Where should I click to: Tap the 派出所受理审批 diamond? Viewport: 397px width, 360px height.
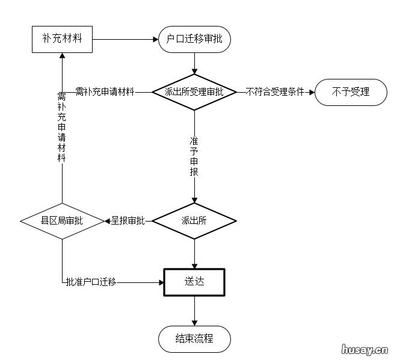(194, 92)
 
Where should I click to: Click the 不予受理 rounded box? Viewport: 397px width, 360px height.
(350, 92)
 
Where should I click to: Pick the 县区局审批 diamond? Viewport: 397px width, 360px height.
(62, 221)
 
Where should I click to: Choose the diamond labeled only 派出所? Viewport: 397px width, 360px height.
(194, 221)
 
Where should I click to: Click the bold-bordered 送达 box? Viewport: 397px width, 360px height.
(194, 282)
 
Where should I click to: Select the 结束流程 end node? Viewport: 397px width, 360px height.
(194, 338)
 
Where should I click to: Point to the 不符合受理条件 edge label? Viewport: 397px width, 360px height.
(274, 92)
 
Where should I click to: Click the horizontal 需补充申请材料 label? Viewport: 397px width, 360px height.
(104, 92)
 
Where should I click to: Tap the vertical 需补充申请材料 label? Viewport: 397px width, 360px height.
(61, 127)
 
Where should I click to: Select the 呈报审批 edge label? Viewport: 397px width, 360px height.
(128, 221)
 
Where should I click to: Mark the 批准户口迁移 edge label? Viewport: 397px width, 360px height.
(91, 282)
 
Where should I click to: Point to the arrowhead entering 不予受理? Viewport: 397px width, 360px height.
(311, 92)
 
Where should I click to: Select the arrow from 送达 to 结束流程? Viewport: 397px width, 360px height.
(194, 311)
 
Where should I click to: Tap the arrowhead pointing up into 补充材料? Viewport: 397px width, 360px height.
(62, 57)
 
